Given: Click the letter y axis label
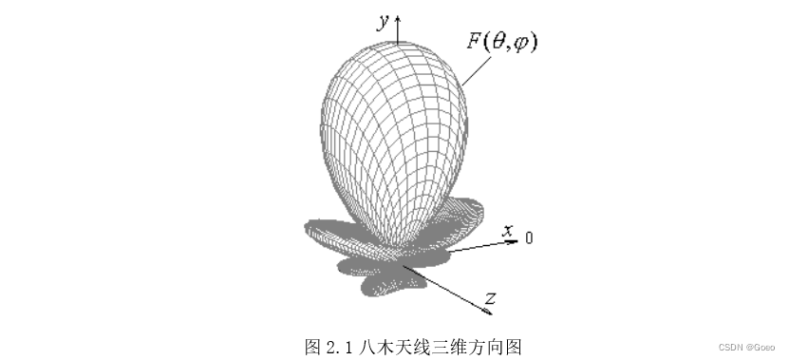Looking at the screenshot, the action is click(x=383, y=24).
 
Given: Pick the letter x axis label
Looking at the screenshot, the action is click(x=509, y=230).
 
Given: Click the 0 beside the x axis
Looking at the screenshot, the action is click(x=529, y=237).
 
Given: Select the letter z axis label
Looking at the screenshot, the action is click(x=490, y=299).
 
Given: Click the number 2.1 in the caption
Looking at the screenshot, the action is click(x=338, y=347).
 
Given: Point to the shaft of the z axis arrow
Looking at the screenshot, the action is click(x=446, y=289).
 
